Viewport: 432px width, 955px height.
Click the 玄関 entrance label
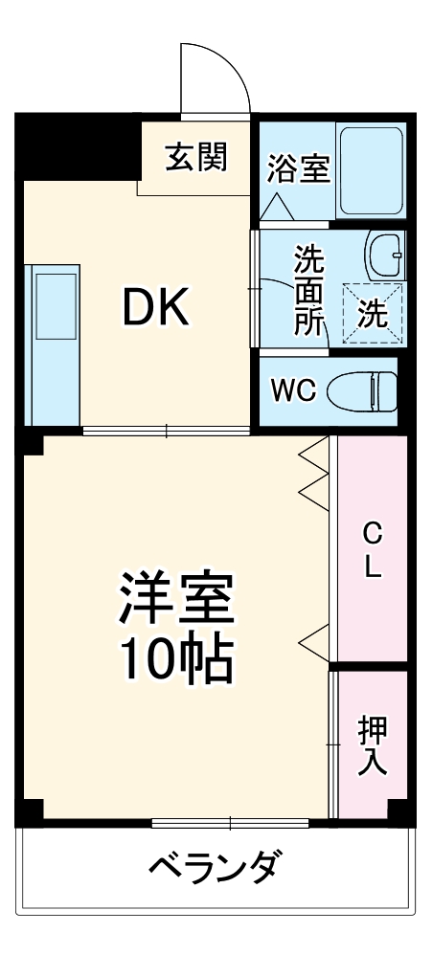click(x=196, y=156)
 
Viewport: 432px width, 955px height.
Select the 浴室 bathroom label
click(x=298, y=170)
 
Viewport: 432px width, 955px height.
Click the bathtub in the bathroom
click(x=372, y=169)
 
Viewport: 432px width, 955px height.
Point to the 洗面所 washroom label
click(x=308, y=289)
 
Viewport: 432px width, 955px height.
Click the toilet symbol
click(x=362, y=390)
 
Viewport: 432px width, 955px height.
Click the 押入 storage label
click(x=372, y=745)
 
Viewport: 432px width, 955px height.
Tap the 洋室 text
click(x=176, y=599)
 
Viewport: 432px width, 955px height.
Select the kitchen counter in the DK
click(x=54, y=344)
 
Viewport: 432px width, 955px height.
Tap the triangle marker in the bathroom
click(x=278, y=205)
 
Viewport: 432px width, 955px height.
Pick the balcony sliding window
click(x=230, y=822)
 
